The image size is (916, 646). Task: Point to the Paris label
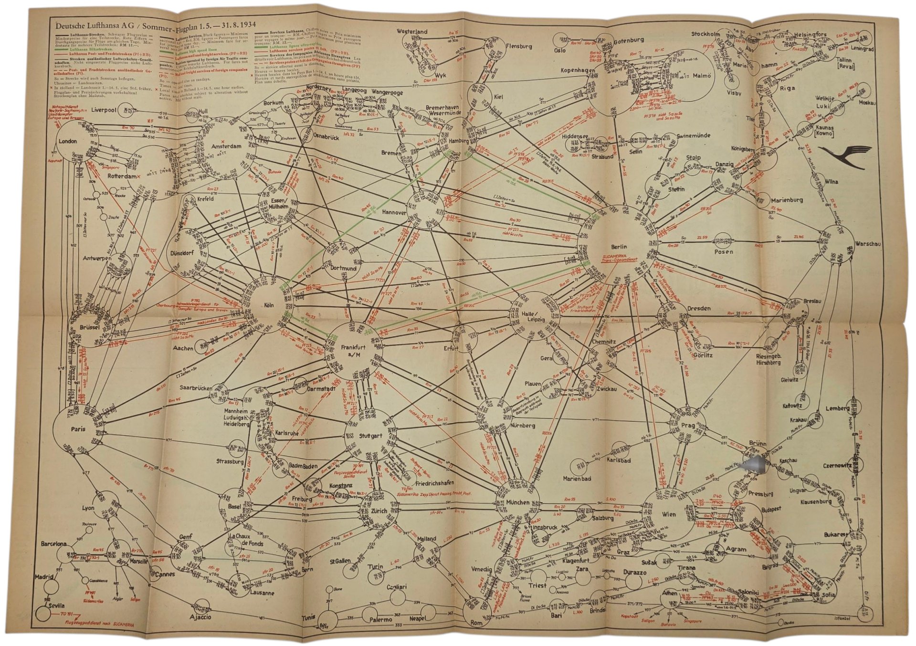pyautogui.click(x=78, y=429)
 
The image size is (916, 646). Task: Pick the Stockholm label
pyautogui.click(x=705, y=34)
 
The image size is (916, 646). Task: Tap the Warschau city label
pyautogui.click(x=868, y=244)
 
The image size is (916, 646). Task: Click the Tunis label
pyautogui.click(x=309, y=618)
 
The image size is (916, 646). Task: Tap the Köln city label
pyautogui.click(x=268, y=306)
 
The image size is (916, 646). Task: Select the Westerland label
pyautogui.click(x=412, y=31)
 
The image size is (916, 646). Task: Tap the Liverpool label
pyautogui.click(x=104, y=109)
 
